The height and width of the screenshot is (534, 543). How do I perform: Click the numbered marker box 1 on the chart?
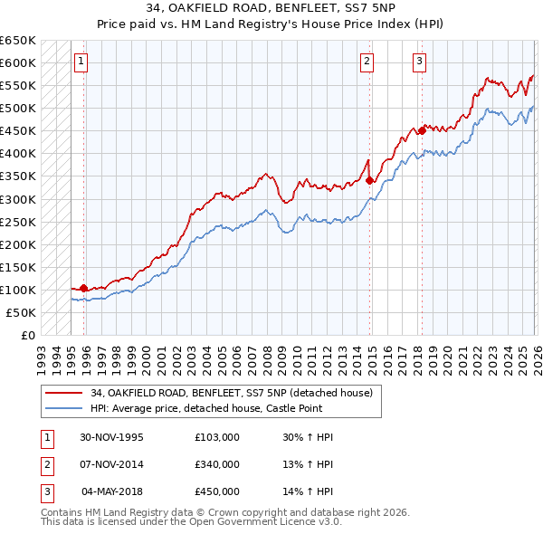[x=81, y=62]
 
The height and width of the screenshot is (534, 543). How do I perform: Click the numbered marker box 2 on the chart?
[x=367, y=62]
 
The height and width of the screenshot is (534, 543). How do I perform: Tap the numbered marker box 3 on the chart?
[x=420, y=62]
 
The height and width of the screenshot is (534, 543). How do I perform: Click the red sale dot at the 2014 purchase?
[x=370, y=180]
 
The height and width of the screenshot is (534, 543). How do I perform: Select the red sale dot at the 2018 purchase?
[x=422, y=130]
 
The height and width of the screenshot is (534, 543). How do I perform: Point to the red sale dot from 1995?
[x=84, y=288]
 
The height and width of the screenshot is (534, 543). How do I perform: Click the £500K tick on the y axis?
[x=18, y=108]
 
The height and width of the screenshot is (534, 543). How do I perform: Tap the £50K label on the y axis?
[x=22, y=312]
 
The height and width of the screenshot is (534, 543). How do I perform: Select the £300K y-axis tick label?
[x=18, y=198]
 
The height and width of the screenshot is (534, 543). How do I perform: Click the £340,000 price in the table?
[x=216, y=464]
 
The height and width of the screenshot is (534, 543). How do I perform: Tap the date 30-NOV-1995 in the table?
[x=111, y=437]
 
